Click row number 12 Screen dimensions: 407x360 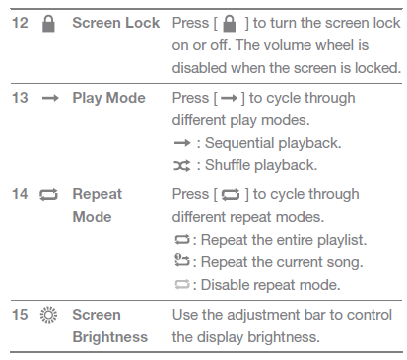[x=20, y=23]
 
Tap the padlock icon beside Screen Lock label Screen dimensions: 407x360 [x=48, y=24]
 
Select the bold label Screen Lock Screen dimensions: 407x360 [x=116, y=23]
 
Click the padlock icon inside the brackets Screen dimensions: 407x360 [x=230, y=24]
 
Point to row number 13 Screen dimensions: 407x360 [x=20, y=98]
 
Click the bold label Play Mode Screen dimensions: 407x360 [x=108, y=98]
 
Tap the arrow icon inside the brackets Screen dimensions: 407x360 [x=230, y=98]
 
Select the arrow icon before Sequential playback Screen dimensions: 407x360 [x=182, y=143]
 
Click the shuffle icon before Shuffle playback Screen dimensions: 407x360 [x=182, y=166]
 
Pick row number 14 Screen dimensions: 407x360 [x=20, y=194]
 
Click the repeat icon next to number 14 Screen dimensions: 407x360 [x=48, y=195]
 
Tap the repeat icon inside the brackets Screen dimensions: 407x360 [x=231, y=195]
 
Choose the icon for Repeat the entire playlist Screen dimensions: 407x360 [x=182, y=240]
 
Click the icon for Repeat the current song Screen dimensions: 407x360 [x=182, y=260]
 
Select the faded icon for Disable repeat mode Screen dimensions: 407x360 [x=182, y=284]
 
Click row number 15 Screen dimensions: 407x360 [x=20, y=315]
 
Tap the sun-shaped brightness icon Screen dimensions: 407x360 [x=48, y=315]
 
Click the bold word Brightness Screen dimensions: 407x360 [x=110, y=337]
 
